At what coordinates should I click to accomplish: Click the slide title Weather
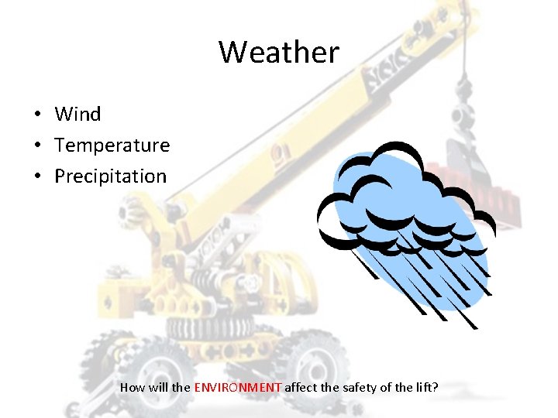coord(279,53)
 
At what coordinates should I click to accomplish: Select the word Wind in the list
coord(77,115)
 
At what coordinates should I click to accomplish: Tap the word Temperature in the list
coord(112,146)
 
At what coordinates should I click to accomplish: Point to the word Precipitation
coord(110,176)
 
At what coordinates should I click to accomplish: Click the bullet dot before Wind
coord(36,115)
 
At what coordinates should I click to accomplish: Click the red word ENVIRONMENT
coord(238,386)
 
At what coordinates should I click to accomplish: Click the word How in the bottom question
coord(132,386)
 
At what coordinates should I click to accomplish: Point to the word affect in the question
coord(302,386)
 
